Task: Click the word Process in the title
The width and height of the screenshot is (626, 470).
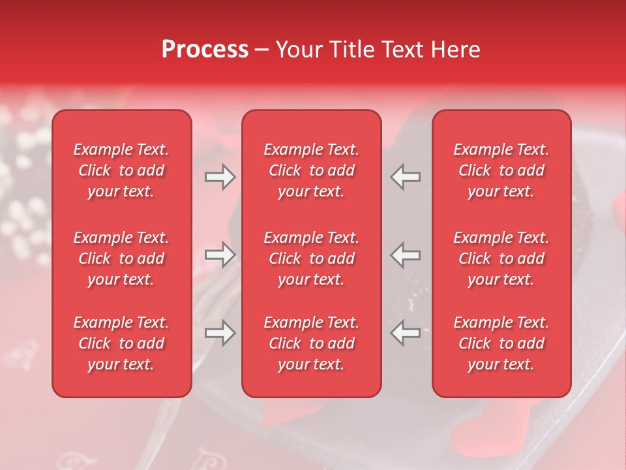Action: (x=205, y=50)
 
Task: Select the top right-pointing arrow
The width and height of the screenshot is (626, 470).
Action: (x=220, y=177)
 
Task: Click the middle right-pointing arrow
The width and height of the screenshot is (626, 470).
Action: (x=220, y=255)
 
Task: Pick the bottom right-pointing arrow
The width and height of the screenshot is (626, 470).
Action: (x=220, y=334)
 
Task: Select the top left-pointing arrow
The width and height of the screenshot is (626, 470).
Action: (x=406, y=177)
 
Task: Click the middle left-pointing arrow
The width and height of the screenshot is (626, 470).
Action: (x=406, y=255)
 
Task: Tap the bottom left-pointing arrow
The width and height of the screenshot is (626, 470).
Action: (x=406, y=334)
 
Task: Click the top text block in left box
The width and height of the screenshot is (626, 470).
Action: (x=121, y=170)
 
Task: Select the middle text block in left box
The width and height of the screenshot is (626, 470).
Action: (x=121, y=258)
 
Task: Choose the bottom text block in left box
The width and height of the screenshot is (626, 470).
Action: (x=121, y=343)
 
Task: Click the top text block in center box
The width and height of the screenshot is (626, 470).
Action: (x=312, y=170)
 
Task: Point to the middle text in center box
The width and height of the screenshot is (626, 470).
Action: (x=312, y=258)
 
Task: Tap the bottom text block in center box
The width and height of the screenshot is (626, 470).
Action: (x=312, y=343)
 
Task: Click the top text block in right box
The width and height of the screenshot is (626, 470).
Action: (x=501, y=170)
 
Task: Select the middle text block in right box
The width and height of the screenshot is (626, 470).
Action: (x=501, y=258)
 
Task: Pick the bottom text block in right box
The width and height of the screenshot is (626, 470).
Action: (x=501, y=343)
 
